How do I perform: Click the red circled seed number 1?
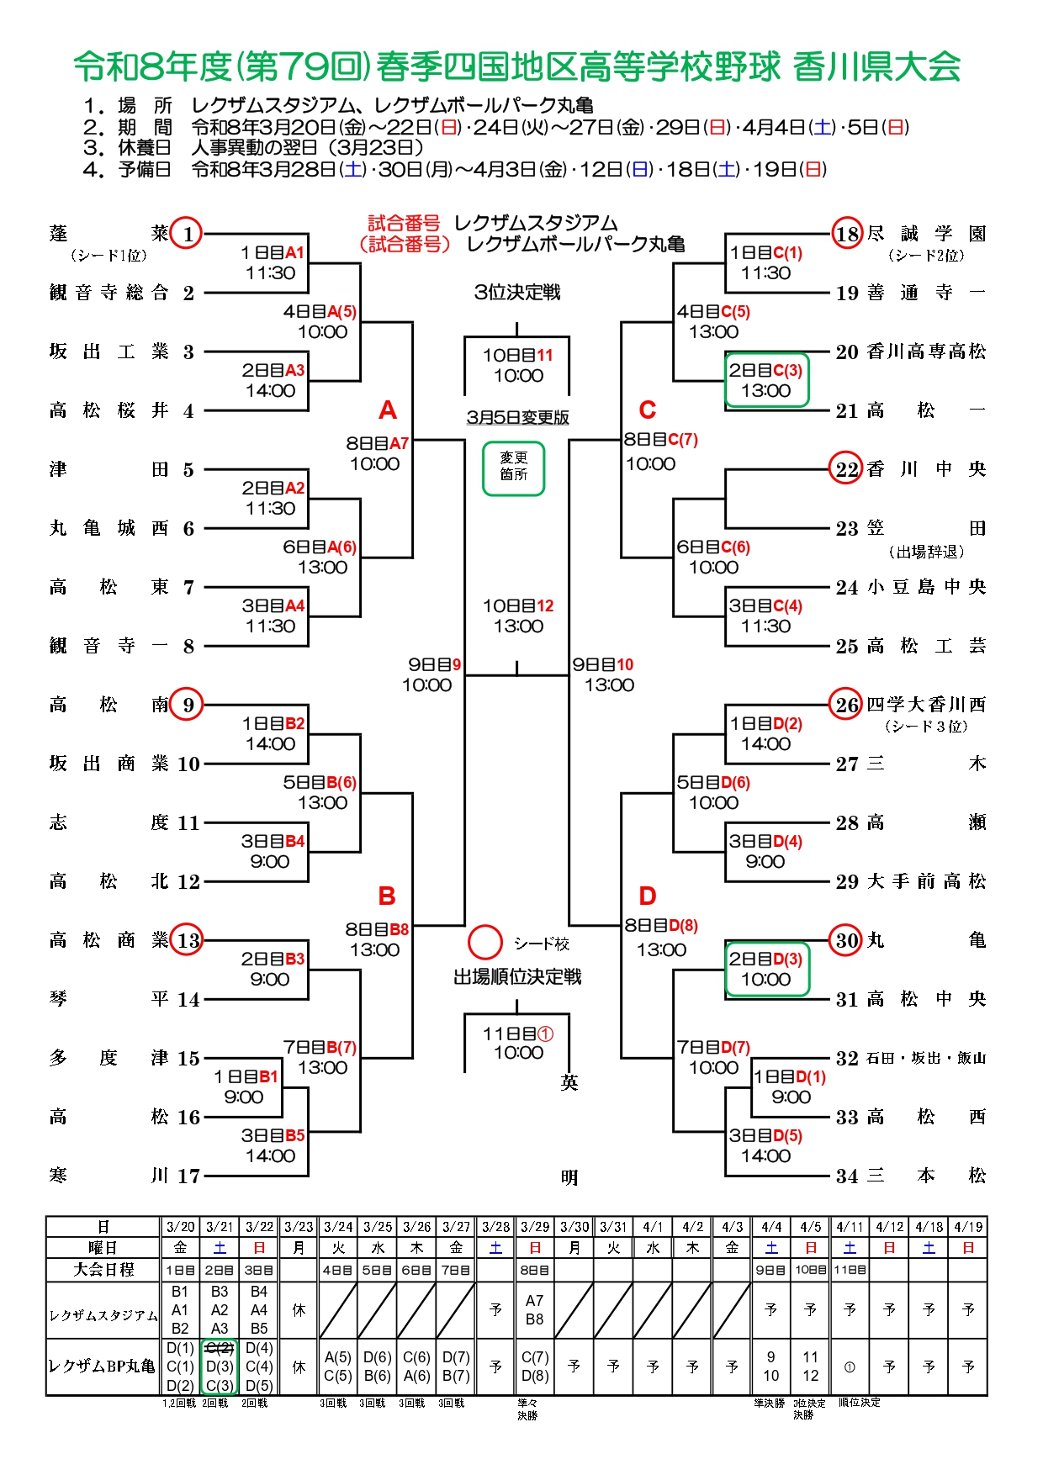(x=187, y=234)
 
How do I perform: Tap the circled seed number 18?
(x=847, y=234)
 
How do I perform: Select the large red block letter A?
(x=387, y=410)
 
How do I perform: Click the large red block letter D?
(x=647, y=896)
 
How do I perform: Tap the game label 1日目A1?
(x=272, y=253)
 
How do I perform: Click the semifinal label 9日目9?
(x=434, y=664)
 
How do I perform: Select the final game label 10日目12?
(x=518, y=605)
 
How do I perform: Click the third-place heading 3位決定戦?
(x=517, y=292)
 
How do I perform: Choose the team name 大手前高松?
(x=926, y=881)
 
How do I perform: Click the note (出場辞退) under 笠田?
(x=926, y=552)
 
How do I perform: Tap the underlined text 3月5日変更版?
(x=517, y=417)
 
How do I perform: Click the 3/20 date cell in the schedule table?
(x=180, y=1227)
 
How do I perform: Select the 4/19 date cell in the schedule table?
(x=968, y=1227)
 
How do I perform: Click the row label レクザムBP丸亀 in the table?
(x=103, y=1367)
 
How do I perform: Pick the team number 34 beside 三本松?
(x=847, y=1176)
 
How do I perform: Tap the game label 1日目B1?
(x=245, y=1076)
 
